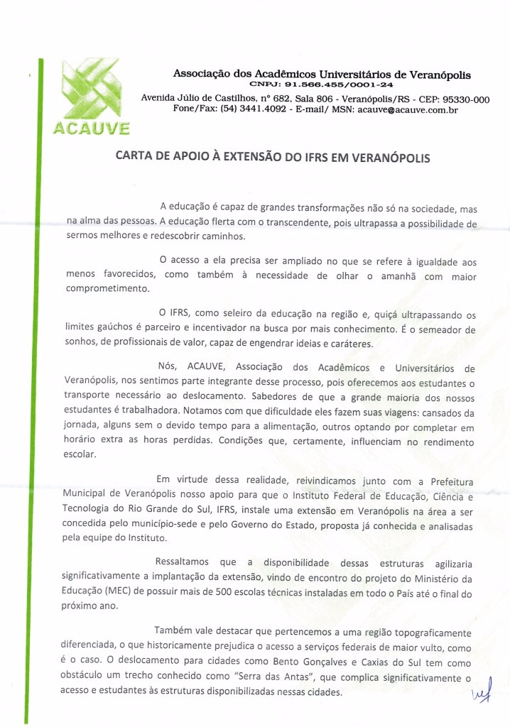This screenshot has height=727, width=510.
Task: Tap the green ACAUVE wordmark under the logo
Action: pos(91,129)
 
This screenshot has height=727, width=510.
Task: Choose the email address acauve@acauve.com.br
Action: pos(407,110)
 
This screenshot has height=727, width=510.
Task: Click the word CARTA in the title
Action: pos(135,158)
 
